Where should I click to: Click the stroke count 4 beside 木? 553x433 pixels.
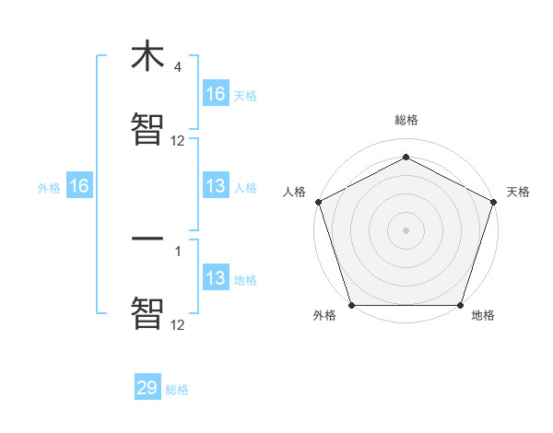tap(177, 67)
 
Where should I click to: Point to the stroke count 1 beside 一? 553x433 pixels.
tap(177, 250)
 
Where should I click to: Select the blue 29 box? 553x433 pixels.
tap(147, 388)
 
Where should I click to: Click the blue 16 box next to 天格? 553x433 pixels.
tap(216, 94)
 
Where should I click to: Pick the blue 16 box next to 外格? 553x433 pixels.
tap(79, 186)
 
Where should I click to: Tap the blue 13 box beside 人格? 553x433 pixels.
tap(216, 186)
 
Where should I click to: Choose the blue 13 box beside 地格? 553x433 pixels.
tap(216, 278)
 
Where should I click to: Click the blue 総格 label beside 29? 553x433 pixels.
tap(177, 390)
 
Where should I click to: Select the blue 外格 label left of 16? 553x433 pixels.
tap(49, 187)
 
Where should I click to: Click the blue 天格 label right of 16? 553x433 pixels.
tap(245, 95)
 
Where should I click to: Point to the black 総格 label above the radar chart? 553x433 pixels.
tap(406, 121)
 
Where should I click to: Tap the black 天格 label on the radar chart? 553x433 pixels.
tap(518, 192)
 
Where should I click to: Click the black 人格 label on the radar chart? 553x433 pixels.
tap(294, 192)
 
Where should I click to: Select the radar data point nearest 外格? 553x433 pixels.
tap(351, 305)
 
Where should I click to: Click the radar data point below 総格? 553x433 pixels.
tap(406, 157)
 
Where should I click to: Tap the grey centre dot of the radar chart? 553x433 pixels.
tap(406, 229)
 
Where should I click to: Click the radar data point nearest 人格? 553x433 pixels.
tap(318, 201)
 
